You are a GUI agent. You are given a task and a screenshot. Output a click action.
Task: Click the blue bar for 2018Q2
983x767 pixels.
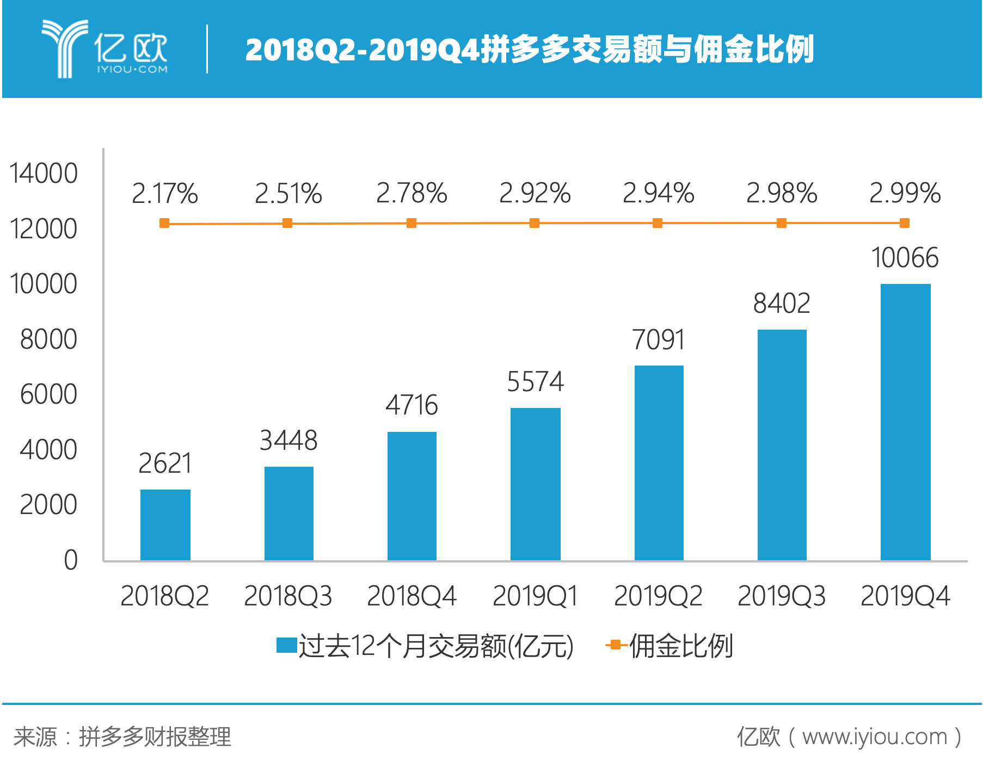(165, 524)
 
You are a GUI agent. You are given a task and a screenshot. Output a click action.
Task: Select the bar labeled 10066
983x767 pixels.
(905, 422)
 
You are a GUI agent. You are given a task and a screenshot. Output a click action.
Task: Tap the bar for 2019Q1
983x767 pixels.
(535, 484)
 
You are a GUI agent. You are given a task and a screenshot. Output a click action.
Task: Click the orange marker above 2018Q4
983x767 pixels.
(411, 223)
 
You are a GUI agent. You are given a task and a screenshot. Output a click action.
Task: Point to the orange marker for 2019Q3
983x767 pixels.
(782, 223)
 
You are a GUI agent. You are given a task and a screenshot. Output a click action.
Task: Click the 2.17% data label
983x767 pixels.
(165, 193)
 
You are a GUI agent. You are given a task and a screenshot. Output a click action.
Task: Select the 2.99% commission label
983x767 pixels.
(905, 193)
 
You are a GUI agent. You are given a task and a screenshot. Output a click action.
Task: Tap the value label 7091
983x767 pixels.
(658, 340)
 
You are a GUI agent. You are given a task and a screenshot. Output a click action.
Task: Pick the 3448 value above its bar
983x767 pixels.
(288, 440)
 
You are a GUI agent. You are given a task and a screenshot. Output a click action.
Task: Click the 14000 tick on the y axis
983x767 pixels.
(44, 174)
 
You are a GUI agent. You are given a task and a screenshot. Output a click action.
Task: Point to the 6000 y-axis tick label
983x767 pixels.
(48, 394)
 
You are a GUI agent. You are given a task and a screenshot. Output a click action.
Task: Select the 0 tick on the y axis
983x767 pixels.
(71, 560)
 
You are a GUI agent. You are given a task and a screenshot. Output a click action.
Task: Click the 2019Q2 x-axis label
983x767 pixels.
(658, 596)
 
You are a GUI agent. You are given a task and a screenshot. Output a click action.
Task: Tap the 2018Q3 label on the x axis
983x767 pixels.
(288, 596)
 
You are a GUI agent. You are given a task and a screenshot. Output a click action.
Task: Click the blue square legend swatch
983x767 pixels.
(286, 645)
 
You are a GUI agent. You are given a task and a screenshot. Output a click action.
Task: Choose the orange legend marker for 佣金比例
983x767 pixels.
(616, 645)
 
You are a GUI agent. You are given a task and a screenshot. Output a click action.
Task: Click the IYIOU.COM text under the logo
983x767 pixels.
(132, 69)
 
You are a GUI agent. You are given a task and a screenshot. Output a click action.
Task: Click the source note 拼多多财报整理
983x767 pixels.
(155, 737)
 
